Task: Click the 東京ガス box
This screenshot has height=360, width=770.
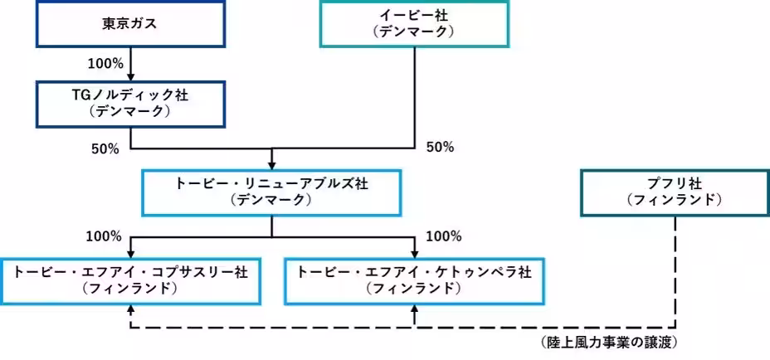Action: (x=131, y=23)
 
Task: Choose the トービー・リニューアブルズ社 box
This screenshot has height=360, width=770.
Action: (x=272, y=192)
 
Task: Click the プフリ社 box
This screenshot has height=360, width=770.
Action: (x=674, y=192)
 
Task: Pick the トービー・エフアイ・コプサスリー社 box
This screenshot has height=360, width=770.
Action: (x=130, y=280)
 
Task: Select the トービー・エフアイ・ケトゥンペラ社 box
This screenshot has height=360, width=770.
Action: (x=414, y=280)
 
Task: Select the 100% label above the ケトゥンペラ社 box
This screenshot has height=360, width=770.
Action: (x=443, y=237)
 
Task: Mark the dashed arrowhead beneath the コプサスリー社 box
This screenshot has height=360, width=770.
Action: (x=130, y=308)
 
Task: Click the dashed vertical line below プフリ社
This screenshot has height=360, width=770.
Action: (x=674, y=265)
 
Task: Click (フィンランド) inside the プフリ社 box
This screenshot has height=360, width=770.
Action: (x=674, y=200)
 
